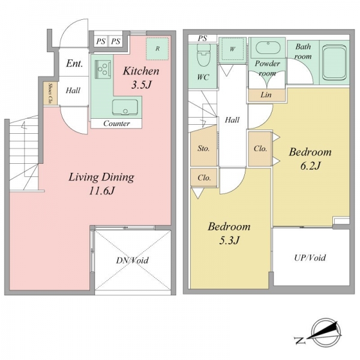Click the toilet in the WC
[x=203, y=55]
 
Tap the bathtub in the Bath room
[x=334, y=62]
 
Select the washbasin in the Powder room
[x=268, y=48]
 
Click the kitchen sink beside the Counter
[x=125, y=107]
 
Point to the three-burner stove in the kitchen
[x=103, y=68]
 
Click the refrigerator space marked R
[x=157, y=49]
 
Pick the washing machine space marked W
[x=232, y=49]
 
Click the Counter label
[x=116, y=124]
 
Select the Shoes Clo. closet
[x=50, y=94]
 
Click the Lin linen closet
[x=266, y=95]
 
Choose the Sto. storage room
[x=203, y=149]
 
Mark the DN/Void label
[x=132, y=260]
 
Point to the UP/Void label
[x=310, y=258]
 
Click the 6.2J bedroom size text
[x=310, y=166]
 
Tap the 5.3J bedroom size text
[x=229, y=241]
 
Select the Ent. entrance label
[x=74, y=64]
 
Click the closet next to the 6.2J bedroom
[x=260, y=149]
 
